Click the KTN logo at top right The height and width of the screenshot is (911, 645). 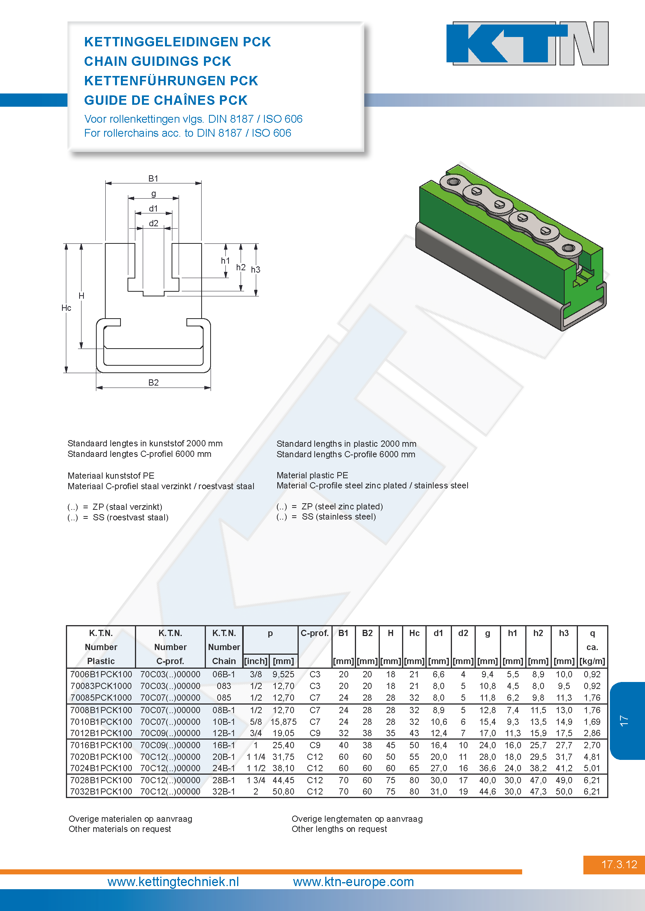point(527,43)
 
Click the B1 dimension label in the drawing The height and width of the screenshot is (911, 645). point(153,178)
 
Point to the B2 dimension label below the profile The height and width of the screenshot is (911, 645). point(153,382)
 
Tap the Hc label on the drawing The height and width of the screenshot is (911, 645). point(66,308)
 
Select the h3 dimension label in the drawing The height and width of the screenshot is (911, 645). point(255,270)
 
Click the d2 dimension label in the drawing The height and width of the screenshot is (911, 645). point(153,224)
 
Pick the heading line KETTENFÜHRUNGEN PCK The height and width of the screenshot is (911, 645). point(171,81)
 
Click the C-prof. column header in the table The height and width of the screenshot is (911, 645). point(315,633)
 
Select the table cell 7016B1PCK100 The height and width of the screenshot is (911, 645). point(101,745)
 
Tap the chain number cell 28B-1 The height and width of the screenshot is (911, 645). point(223,780)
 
